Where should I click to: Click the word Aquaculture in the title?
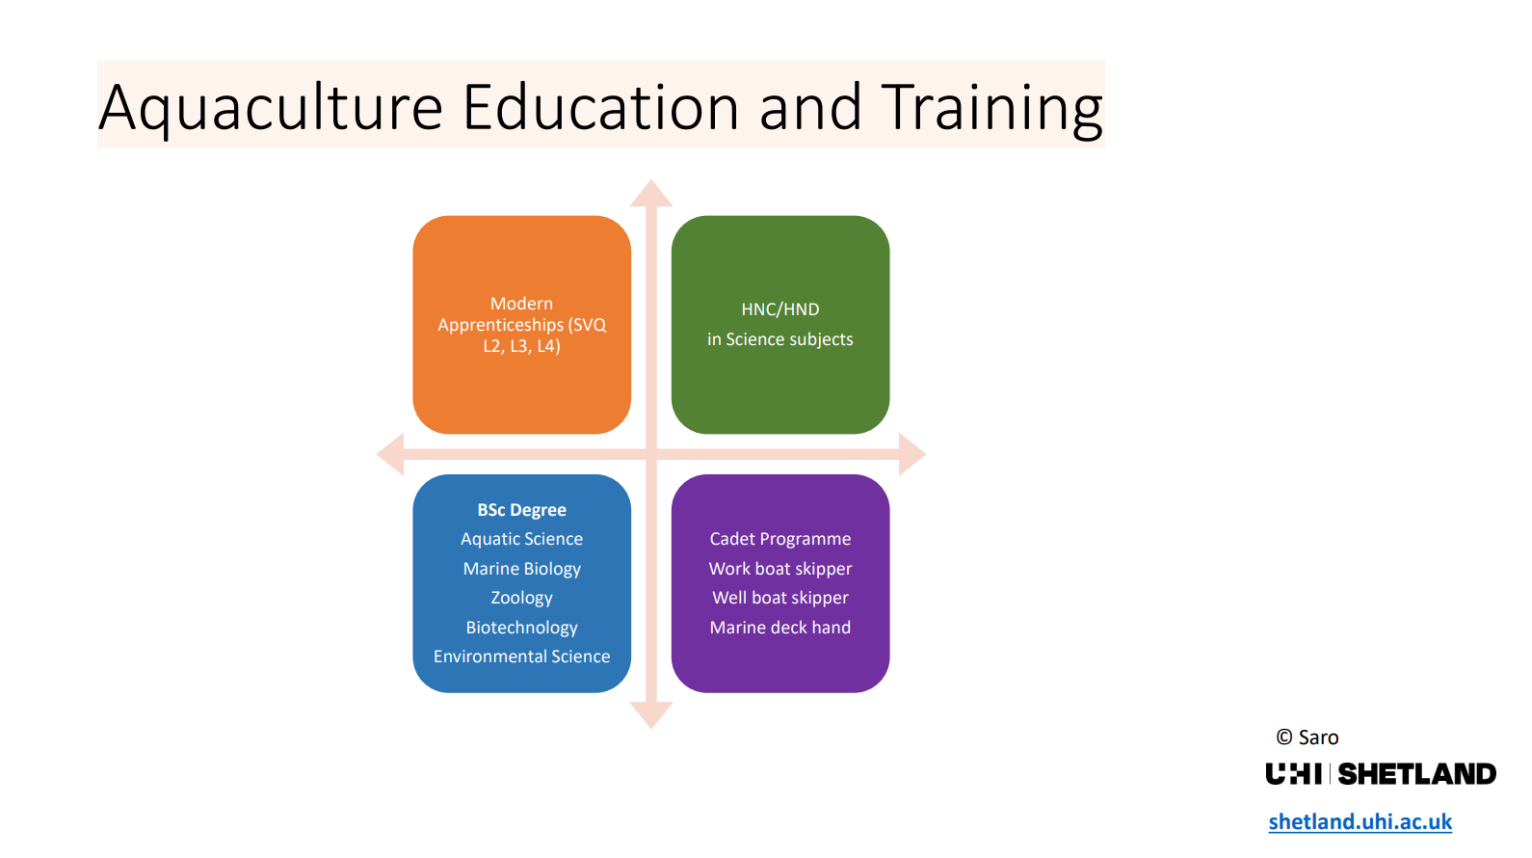(271, 108)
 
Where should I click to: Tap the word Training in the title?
(991, 108)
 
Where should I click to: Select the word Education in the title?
(601, 107)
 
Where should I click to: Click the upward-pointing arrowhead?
(651, 193)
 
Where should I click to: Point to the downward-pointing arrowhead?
(651, 715)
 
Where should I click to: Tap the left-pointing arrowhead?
(390, 454)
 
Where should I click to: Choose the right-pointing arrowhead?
(912, 454)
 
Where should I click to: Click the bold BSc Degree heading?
(522, 510)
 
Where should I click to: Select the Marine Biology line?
(522, 569)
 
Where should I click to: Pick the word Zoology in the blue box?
(522, 598)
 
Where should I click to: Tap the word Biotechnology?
(522, 628)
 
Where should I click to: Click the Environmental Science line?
(522, 657)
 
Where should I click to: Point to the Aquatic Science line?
(522, 539)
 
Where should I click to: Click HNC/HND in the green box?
(780, 309)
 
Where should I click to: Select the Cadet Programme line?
(780, 539)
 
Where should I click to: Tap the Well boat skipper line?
(780, 598)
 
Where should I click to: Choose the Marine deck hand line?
(780, 628)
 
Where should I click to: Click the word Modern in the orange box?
(522, 303)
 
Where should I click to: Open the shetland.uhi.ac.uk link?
(1360, 821)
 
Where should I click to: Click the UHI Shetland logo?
(1381, 774)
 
